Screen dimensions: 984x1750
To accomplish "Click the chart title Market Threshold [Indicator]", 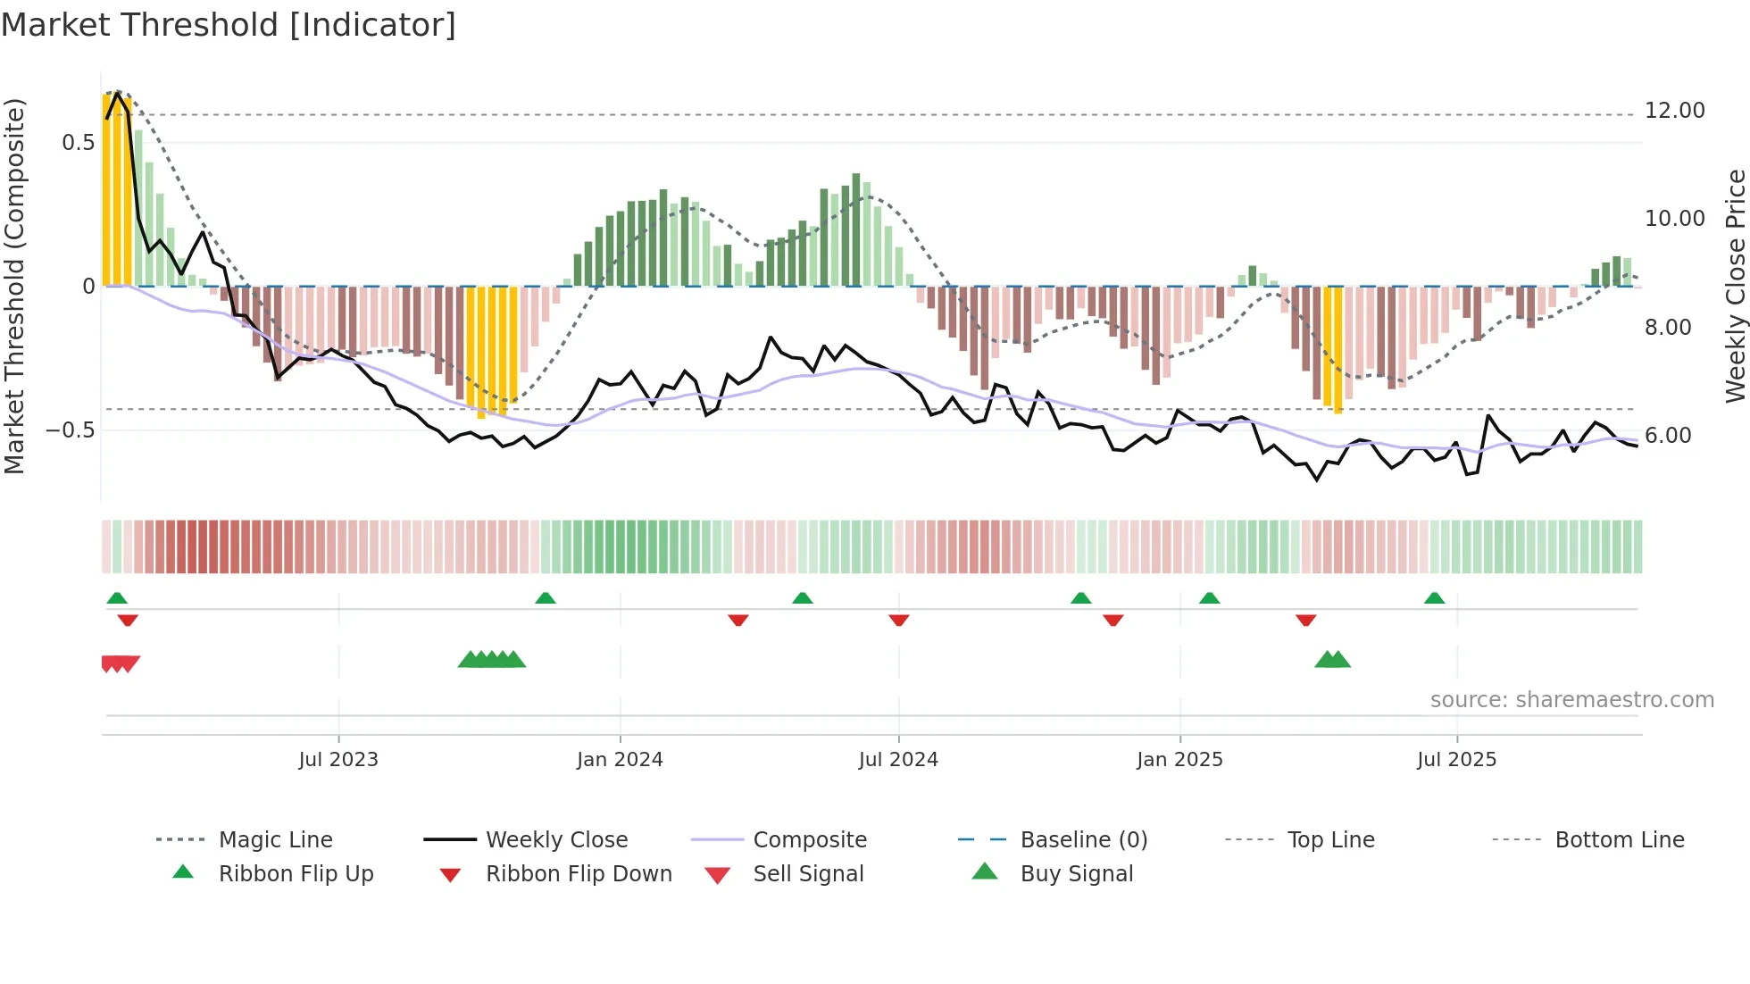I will (x=229, y=25).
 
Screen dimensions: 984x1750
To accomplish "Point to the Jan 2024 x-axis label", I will (x=620, y=760).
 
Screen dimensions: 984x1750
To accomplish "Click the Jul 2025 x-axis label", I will (x=1456, y=760).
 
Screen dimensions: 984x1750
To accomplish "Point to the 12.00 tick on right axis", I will (x=1674, y=111).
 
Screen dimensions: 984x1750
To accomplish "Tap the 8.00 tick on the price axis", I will (x=1668, y=328).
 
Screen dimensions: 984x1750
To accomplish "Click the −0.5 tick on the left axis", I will (x=71, y=430).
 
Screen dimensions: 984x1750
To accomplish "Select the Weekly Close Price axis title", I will (x=1735, y=286).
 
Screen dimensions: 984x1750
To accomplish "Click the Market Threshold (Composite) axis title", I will (x=14, y=286).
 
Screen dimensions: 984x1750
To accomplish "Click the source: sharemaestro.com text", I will (x=1571, y=700).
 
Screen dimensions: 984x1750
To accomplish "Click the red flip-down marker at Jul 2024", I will (x=899, y=620).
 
